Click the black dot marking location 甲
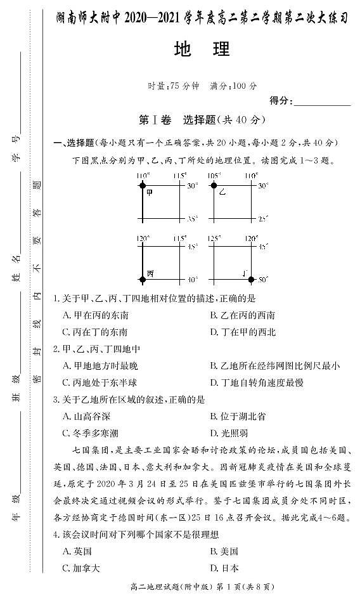click(142, 185)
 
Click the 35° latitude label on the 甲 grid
click(192, 218)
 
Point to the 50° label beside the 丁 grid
click(263, 279)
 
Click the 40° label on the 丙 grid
click(192, 279)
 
